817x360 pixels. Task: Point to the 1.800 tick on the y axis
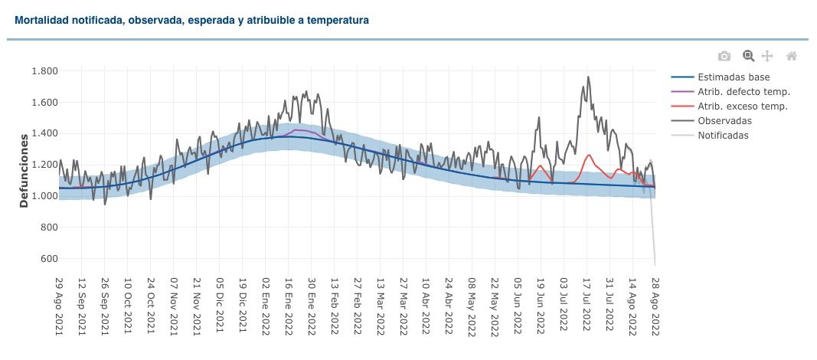pyautogui.click(x=44, y=71)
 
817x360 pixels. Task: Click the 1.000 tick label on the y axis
pyautogui.click(x=44, y=196)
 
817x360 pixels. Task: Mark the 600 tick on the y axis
pyautogui.click(x=49, y=259)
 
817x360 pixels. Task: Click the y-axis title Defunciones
pyautogui.click(x=24, y=170)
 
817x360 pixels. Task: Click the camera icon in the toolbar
pyautogui.click(x=724, y=56)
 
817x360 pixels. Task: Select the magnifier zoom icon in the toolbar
pyautogui.click(x=748, y=56)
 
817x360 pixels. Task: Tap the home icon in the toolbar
pyautogui.click(x=792, y=56)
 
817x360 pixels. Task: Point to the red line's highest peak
pyautogui.click(x=589, y=155)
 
